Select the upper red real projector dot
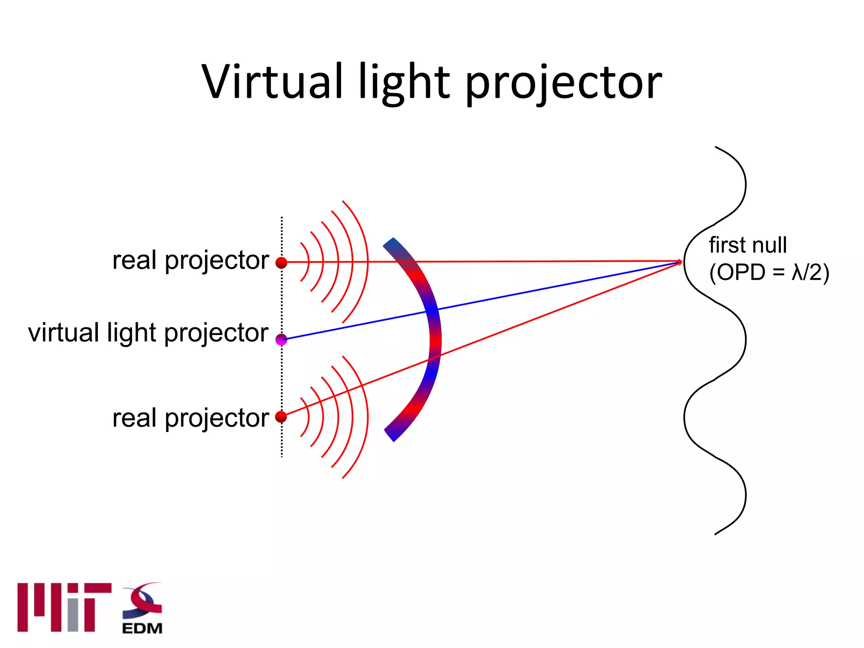coord(281,263)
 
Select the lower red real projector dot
coord(281,417)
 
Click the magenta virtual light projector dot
coord(281,339)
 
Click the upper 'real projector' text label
coord(190,260)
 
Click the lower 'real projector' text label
coord(190,418)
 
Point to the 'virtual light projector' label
coord(148,333)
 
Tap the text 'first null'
coord(748,245)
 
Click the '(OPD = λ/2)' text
coord(769,272)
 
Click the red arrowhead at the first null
coord(679,262)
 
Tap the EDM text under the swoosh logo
coord(142,628)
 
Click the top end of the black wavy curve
coord(716,148)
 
